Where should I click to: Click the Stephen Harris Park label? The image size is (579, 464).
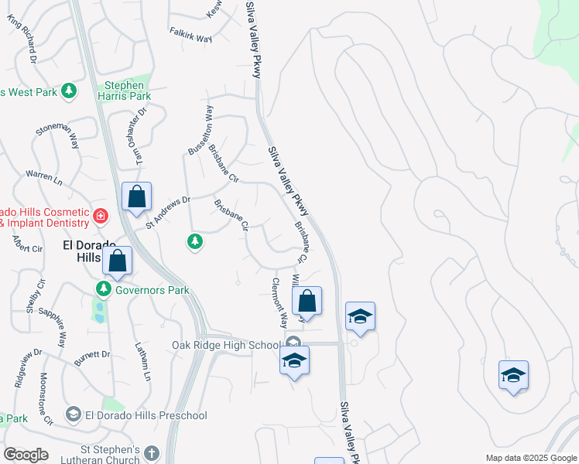124,90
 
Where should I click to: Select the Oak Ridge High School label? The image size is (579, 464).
225,344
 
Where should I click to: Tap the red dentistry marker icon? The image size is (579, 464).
100,214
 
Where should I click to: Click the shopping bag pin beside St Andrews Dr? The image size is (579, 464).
137,198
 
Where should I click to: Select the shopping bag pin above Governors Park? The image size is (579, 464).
118,261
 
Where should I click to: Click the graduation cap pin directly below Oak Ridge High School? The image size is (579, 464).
294,360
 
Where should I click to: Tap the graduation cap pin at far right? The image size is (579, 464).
513,376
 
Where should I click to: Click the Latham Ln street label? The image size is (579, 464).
142,361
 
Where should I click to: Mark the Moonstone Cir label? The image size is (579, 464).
44,399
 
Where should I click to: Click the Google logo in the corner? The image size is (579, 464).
26,454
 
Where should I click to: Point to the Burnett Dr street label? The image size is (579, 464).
91,356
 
